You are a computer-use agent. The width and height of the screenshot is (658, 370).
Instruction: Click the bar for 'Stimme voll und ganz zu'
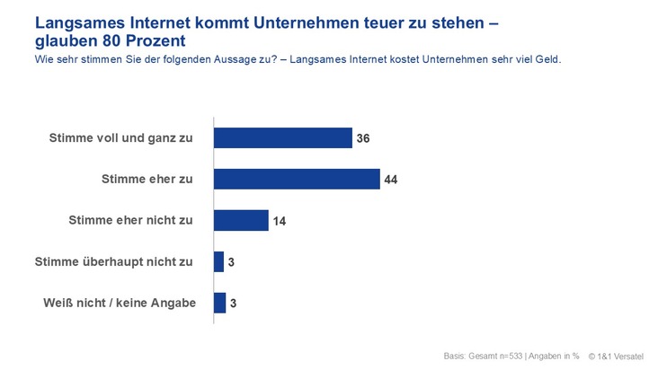click(x=282, y=137)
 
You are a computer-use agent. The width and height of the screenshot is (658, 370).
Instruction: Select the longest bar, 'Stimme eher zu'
click(x=297, y=179)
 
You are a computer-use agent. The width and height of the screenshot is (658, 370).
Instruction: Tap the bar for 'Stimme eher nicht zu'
click(x=241, y=220)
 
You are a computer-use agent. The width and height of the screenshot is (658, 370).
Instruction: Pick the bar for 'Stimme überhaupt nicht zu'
click(x=219, y=261)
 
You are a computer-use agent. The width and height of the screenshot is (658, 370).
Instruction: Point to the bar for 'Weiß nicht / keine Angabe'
click(x=219, y=303)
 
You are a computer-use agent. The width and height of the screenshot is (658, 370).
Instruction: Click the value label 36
click(x=363, y=138)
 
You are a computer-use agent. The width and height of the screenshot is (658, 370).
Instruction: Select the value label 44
click(x=390, y=180)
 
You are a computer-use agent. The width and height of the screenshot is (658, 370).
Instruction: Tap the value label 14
click(x=280, y=221)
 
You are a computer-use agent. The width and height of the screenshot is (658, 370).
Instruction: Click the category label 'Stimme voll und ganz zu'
click(x=121, y=138)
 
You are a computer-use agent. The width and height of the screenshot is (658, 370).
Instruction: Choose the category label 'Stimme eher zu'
click(x=149, y=180)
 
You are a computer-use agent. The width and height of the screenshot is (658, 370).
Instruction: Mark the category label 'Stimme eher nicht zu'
click(x=131, y=221)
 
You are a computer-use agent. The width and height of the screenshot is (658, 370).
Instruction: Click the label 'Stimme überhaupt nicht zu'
click(x=114, y=262)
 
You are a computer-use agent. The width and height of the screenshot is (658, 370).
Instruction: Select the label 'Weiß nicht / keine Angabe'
click(x=120, y=304)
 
